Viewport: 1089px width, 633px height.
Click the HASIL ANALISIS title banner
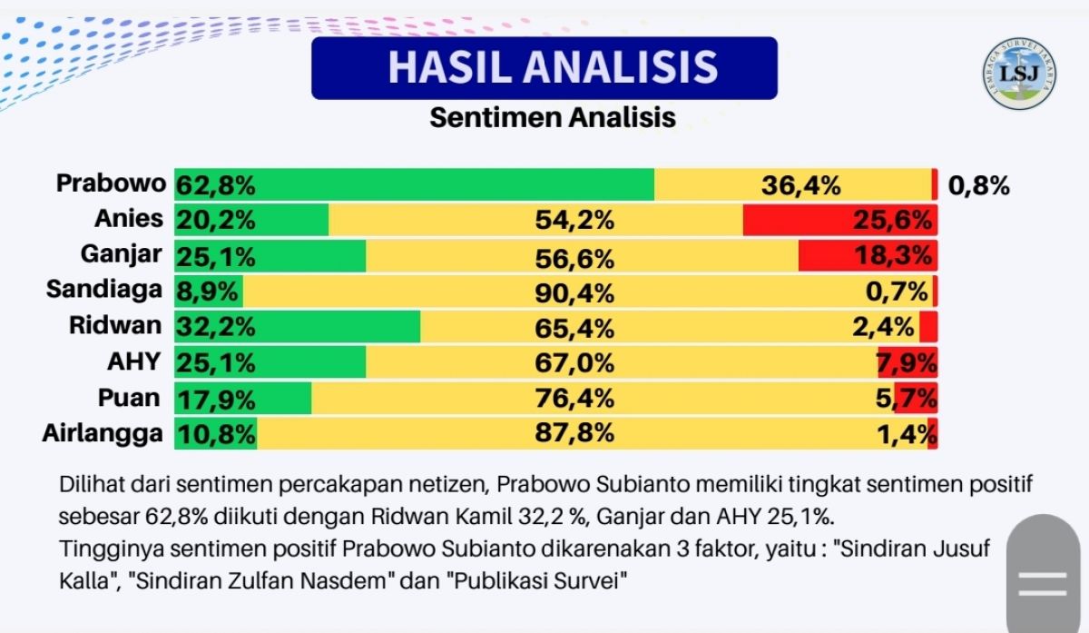tap(544, 68)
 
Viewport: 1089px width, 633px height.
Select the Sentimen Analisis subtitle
tap(553, 118)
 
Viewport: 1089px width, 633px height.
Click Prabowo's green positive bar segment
tap(414, 185)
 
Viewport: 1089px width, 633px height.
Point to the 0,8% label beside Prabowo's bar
tap(978, 186)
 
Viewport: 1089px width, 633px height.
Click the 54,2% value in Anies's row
tap(575, 221)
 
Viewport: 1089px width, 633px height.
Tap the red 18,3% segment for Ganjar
tap(868, 256)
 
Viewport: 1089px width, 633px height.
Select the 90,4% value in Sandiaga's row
tap(575, 292)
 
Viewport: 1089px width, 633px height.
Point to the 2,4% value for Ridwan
tap(883, 327)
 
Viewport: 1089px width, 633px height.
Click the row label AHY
tap(133, 362)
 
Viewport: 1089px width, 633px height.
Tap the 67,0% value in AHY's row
tap(575, 362)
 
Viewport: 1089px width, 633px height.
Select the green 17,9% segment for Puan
tap(242, 398)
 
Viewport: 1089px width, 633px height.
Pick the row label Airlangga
tap(103, 433)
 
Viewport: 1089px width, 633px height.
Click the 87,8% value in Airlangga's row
tap(575, 433)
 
